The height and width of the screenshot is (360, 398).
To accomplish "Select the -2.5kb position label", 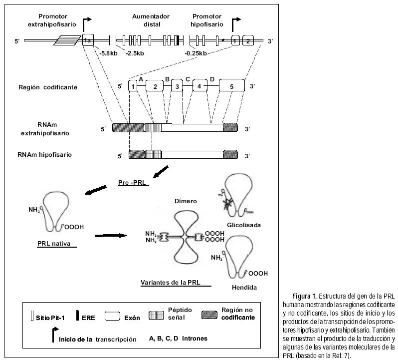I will click(x=135, y=53).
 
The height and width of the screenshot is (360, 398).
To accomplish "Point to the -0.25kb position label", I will click(x=196, y=53).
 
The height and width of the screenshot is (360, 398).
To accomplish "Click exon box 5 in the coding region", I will click(x=231, y=86).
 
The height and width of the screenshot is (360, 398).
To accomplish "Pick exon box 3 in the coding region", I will click(x=176, y=86).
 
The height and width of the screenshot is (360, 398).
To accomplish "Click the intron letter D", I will click(x=212, y=79).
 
